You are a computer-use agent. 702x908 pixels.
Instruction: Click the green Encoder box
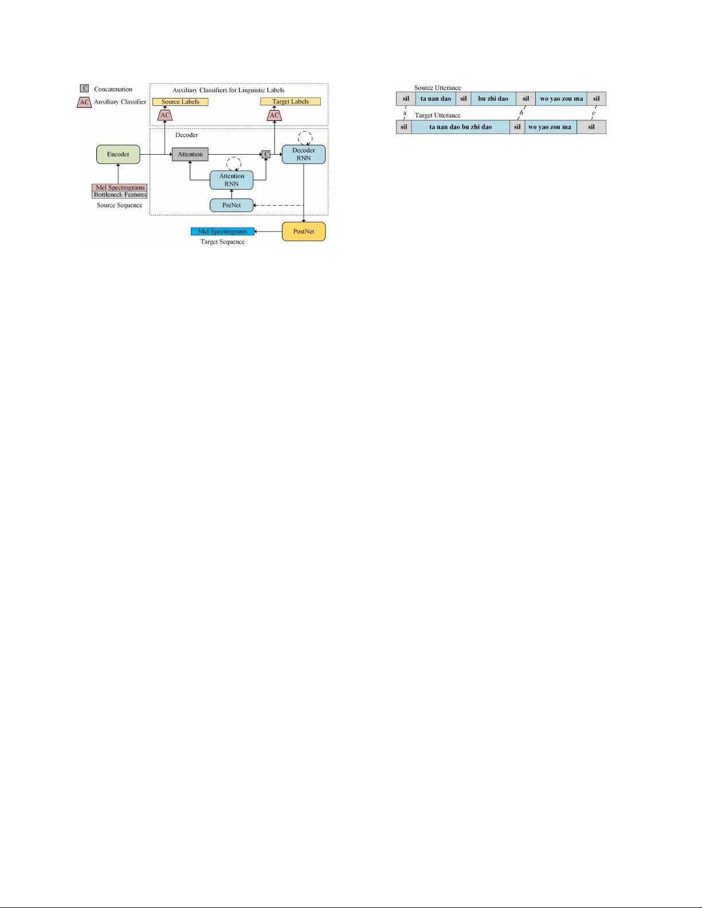tap(118, 154)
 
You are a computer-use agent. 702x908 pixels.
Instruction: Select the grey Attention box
tap(190, 154)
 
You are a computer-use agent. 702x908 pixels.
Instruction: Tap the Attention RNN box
tap(232, 180)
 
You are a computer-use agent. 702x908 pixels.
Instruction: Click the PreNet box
tap(232, 205)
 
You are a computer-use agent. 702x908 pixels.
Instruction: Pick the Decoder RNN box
tap(304, 154)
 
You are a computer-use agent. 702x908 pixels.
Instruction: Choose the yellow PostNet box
tap(304, 231)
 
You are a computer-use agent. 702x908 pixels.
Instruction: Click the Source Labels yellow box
tap(181, 102)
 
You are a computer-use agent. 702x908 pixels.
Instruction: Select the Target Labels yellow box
tap(291, 102)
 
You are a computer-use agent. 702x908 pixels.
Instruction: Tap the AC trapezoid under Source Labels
tap(165, 115)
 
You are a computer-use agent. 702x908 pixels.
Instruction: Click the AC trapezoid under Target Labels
tap(274, 115)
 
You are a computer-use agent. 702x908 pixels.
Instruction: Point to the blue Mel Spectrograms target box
tap(222, 231)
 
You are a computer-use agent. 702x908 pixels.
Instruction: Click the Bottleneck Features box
tap(120, 195)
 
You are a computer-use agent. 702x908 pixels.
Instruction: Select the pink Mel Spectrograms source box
tap(120, 187)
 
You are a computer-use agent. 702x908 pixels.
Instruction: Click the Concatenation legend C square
tap(85, 89)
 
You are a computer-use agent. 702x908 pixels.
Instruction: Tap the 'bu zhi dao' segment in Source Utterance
tap(493, 99)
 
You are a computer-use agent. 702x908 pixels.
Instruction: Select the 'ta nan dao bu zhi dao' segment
tap(460, 127)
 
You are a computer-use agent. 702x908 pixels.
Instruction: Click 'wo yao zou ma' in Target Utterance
tap(550, 127)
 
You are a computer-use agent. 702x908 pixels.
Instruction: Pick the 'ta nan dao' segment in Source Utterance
tap(436, 99)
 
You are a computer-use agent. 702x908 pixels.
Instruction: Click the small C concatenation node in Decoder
tap(266, 154)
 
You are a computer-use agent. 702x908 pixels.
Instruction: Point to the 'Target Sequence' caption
tap(222, 242)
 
